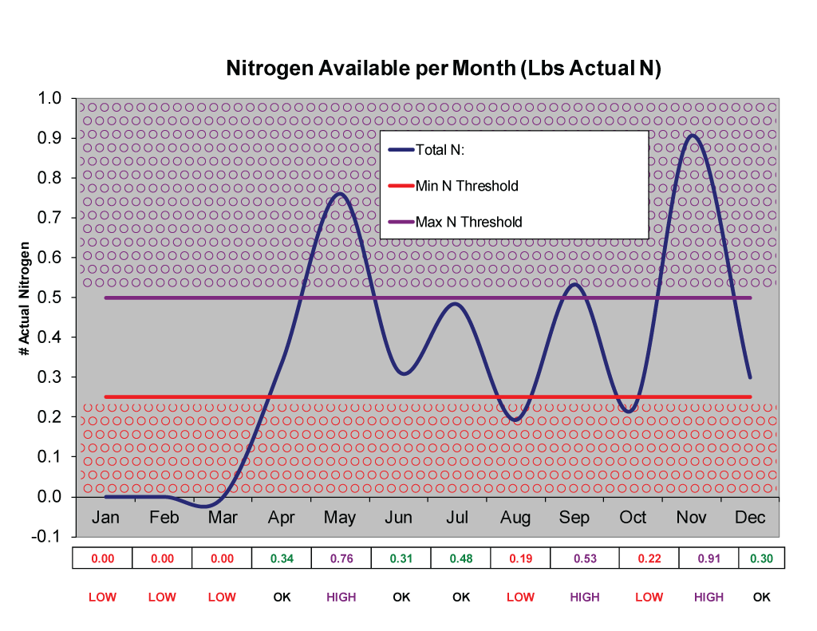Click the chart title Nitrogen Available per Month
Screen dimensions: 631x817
coord(444,69)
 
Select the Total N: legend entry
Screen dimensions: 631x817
coord(440,150)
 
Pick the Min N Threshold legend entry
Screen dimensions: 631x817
coord(466,186)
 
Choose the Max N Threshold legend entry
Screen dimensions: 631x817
coord(468,222)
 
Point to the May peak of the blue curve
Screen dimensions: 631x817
coord(340,194)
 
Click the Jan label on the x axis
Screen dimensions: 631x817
coord(105,518)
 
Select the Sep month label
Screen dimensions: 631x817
coord(574,518)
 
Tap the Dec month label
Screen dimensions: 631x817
coord(750,518)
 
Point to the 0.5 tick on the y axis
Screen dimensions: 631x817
coord(50,298)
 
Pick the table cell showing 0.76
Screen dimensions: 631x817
coord(341,558)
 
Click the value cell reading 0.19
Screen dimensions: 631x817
coord(520,558)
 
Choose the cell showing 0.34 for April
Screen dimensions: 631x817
coord(282,558)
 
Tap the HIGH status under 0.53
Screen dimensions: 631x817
coord(585,597)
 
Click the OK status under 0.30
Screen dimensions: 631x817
coord(762,597)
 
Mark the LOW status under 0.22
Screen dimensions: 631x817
coord(649,597)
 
